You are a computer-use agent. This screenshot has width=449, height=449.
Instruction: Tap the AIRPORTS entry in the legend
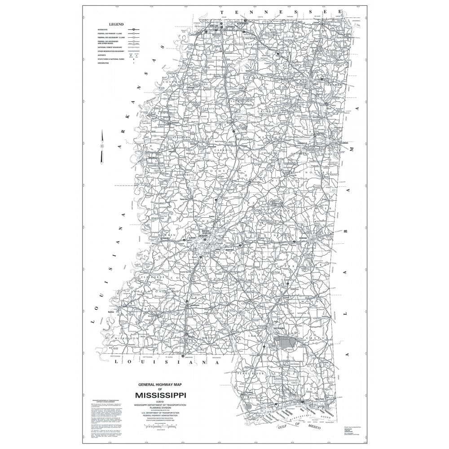102,55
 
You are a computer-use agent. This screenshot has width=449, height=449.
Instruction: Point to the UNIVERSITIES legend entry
104,63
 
